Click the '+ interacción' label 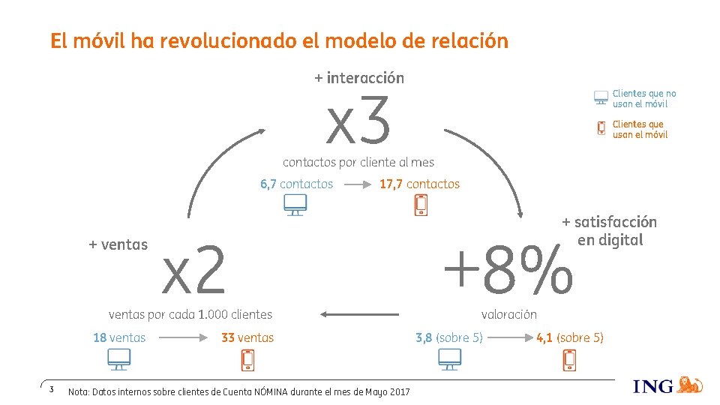click(x=358, y=78)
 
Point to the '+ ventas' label click(x=118, y=244)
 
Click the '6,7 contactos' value click(x=296, y=184)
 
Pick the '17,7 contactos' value click(x=419, y=184)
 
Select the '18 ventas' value click(x=119, y=337)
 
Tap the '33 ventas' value click(x=247, y=337)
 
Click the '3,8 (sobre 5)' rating click(x=448, y=337)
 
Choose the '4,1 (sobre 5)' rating click(x=569, y=337)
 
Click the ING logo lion click(x=689, y=385)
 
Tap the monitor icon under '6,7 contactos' click(x=295, y=205)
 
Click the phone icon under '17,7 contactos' click(x=421, y=205)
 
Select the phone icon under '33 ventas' click(x=247, y=361)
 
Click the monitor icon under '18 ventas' click(x=118, y=361)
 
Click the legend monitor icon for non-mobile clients click(x=601, y=98)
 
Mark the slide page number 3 click(x=51, y=389)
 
